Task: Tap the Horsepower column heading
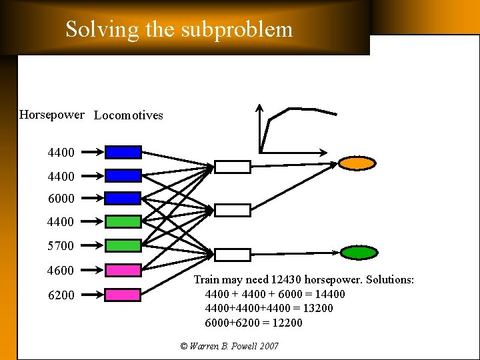tap(52, 115)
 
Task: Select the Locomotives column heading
tap(129, 115)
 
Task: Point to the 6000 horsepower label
tap(61, 198)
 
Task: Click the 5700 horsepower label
tap(61, 246)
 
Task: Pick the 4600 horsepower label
tap(61, 271)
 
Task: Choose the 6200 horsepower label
tap(61, 295)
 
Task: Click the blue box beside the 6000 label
tap(123, 198)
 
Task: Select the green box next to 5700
tap(123, 245)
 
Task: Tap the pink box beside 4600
tap(123, 270)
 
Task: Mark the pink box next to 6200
tap(123, 295)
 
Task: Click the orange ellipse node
tap(357, 163)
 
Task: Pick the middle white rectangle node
tap(233, 211)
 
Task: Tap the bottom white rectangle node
tap(233, 255)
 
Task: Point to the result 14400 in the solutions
tap(330, 294)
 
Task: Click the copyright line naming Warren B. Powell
tap(229, 346)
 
